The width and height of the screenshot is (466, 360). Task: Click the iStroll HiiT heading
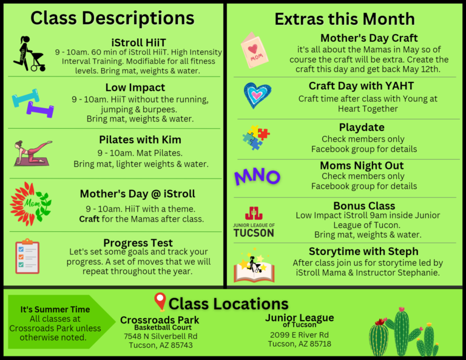click(x=138, y=42)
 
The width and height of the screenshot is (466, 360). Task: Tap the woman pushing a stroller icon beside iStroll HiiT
click(x=30, y=54)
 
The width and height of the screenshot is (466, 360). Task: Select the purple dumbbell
click(x=41, y=109)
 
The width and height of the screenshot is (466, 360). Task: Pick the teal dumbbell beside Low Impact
click(x=25, y=98)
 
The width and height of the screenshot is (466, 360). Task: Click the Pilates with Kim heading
click(x=140, y=140)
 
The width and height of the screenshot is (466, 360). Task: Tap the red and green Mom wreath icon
click(x=30, y=204)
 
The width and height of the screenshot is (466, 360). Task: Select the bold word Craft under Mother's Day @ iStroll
click(x=89, y=219)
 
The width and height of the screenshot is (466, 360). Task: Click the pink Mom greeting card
click(x=254, y=50)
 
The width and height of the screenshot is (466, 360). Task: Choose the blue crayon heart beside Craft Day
click(x=257, y=95)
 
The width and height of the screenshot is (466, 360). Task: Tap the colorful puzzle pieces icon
click(x=256, y=137)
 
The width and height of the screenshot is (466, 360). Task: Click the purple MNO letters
click(x=257, y=177)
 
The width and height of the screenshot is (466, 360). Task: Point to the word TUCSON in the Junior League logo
click(x=254, y=233)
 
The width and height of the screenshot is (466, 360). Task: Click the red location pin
click(x=160, y=302)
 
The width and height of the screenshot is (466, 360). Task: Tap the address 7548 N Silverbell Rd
click(x=160, y=336)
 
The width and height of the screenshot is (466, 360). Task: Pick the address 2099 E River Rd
click(x=299, y=335)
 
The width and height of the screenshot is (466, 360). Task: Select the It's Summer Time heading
click(x=55, y=310)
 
